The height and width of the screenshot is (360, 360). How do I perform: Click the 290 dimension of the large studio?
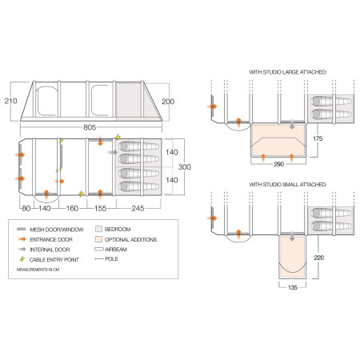coord(278,164)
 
